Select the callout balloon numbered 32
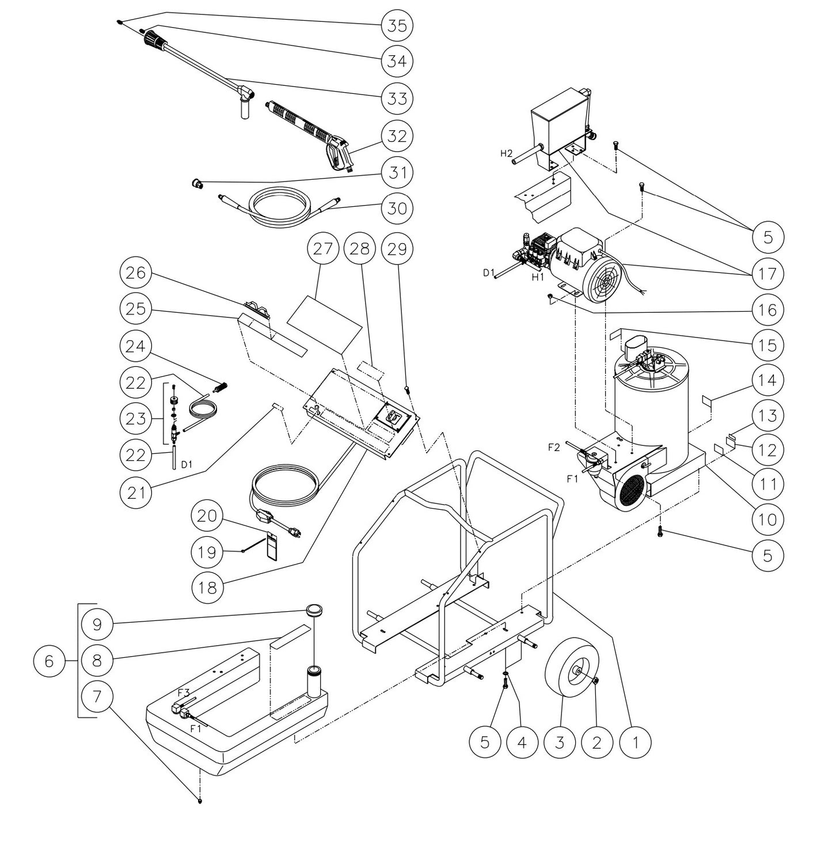397,136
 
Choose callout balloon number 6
49,660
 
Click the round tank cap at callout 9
314,610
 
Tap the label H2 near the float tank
506,153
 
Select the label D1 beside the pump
488,273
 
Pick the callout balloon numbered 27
323,249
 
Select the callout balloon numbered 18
207,587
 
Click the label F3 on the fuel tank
183,693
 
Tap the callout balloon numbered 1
635,742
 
